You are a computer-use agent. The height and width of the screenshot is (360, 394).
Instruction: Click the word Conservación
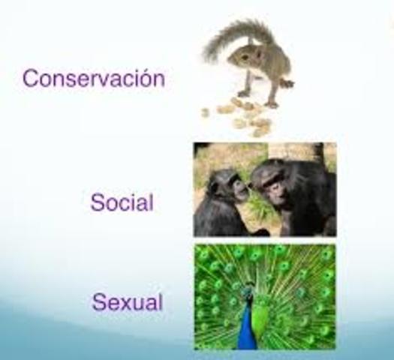pyautogui.click(x=93, y=78)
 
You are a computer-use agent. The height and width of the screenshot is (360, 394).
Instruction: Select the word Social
pyautogui.click(x=122, y=202)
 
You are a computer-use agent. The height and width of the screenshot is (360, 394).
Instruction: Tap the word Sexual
pyautogui.click(x=127, y=303)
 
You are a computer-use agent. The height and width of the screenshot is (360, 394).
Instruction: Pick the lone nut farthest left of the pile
pyautogui.click(x=205, y=112)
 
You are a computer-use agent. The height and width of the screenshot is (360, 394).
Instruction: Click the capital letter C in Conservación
pyautogui.click(x=30, y=78)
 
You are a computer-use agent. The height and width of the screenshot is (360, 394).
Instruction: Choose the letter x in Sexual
pyautogui.click(x=123, y=304)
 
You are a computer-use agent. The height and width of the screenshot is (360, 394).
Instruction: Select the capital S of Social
pyautogui.click(x=98, y=202)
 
